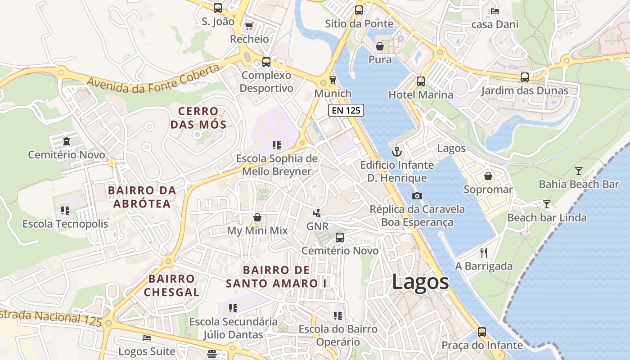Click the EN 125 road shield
point(346,110)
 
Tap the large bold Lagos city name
point(420,282)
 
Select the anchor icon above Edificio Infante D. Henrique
point(396,152)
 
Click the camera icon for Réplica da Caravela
point(417,196)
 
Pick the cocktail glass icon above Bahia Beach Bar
point(578,171)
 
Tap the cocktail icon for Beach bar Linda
point(546,204)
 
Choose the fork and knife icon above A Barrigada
point(484,252)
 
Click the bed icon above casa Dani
point(495,11)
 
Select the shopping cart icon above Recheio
point(249,26)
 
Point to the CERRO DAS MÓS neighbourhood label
point(198,117)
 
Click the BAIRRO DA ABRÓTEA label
point(142,197)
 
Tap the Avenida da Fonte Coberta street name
point(153,79)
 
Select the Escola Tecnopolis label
point(65,224)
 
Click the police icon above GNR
point(317,213)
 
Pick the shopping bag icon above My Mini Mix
point(257,217)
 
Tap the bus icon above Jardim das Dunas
point(524,77)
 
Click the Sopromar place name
point(488,189)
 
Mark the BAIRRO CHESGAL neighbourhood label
point(171,285)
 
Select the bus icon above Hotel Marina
point(420,81)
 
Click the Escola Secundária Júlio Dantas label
point(233,328)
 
